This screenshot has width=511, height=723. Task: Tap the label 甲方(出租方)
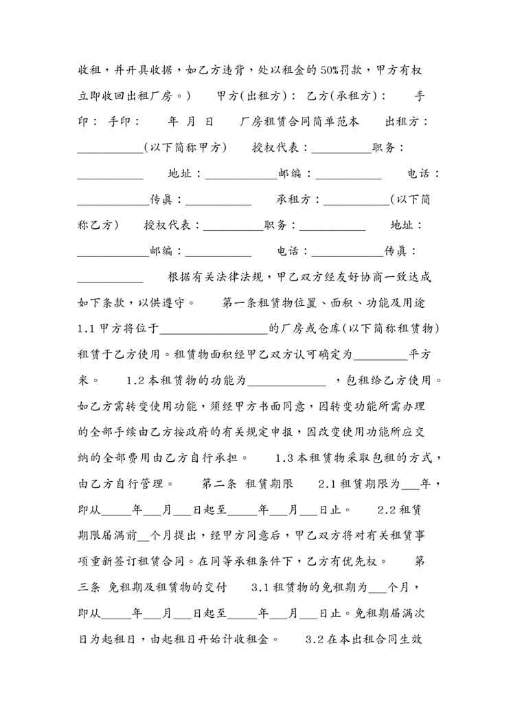(x=256, y=96)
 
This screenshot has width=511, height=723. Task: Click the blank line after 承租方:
(x=356, y=199)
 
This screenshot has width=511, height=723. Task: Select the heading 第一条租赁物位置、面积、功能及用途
(x=325, y=302)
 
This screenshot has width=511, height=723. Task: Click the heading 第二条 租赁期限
(x=247, y=483)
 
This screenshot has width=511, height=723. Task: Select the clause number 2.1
(x=328, y=483)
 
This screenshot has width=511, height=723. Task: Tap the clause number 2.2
(x=388, y=509)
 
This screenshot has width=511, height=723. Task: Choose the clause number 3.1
(x=262, y=587)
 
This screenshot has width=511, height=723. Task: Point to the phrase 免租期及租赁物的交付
(x=166, y=587)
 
